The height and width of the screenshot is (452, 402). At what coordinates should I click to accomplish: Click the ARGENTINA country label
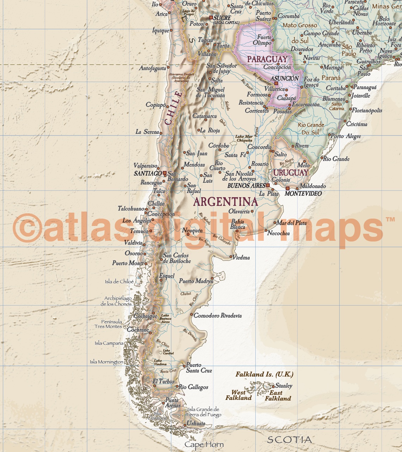(x=226, y=202)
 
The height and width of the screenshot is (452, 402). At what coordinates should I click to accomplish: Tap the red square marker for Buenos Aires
(x=268, y=185)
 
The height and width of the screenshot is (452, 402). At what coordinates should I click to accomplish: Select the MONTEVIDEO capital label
(x=303, y=194)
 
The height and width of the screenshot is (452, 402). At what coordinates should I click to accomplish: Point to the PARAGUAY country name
(x=267, y=59)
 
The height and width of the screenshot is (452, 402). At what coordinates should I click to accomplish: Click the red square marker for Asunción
(x=276, y=83)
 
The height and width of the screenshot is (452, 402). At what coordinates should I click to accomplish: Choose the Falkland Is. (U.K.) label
(x=264, y=375)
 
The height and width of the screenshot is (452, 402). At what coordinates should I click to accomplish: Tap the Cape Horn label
(x=204, y=445)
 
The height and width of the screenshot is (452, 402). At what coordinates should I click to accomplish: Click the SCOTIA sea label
(x=289, y=440)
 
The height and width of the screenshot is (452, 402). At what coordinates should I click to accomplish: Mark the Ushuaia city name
(x=196, y=423)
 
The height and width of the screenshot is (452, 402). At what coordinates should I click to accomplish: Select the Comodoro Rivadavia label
(x=218, y=316)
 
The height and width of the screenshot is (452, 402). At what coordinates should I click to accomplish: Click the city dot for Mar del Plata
(x=275, y=222)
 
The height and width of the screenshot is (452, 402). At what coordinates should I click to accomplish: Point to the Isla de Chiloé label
(x=119, y=282)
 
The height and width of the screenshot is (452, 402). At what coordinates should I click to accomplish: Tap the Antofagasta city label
(x=152, y=68)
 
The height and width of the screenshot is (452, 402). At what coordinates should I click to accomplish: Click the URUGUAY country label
(x=291, y=172)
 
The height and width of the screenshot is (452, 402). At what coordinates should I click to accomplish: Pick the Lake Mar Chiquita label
(x=244, y=138)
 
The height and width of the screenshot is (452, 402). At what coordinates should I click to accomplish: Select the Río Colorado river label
(x=222, y=239)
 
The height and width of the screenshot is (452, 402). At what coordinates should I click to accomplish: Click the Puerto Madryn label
(x=196, y=281)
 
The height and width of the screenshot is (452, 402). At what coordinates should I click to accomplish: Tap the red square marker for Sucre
(x=211, y=17)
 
